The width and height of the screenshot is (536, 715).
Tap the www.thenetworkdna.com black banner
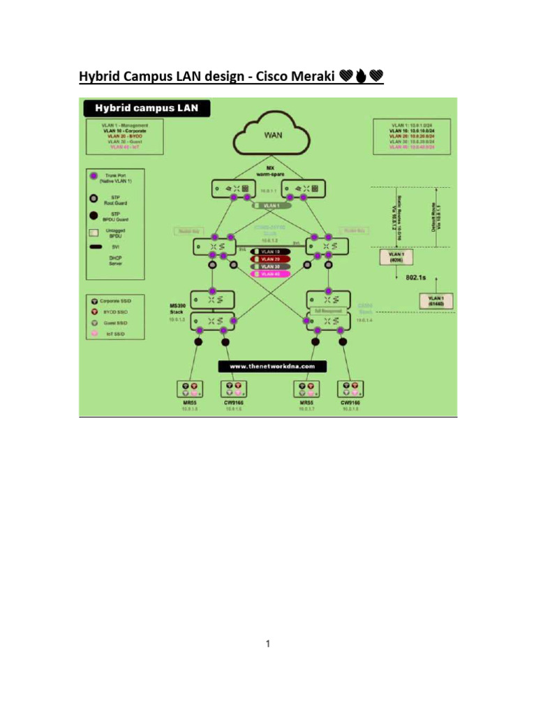pyautogui.click(x=273, y=366)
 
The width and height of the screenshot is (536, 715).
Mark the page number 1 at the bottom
pyautogui.click(x=268, y=644)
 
